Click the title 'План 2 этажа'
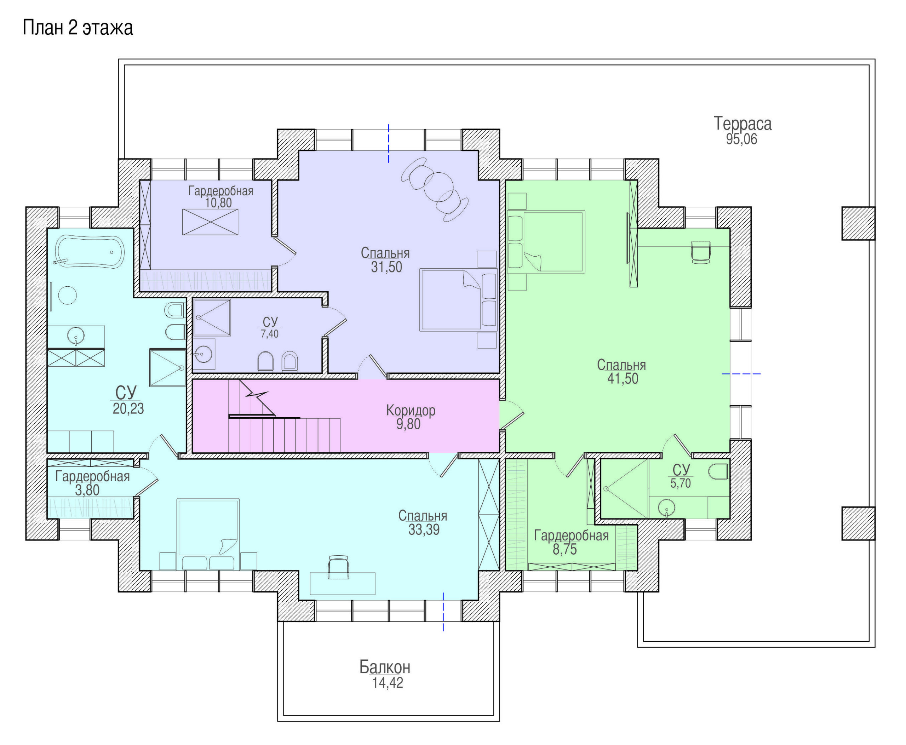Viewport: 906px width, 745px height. (78, 28)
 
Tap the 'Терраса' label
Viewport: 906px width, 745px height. (742, 124)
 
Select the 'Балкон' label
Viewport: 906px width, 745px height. (385, 667)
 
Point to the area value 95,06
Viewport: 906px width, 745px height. (742, 139)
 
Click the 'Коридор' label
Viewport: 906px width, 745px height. (411, 410)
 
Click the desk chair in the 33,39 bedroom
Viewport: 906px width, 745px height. (338, 567)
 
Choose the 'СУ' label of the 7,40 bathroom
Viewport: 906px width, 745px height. (270, 322)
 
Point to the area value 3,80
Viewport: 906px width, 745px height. (87, 490)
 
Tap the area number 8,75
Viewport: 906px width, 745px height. (564, 549)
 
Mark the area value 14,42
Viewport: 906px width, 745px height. (388, 683)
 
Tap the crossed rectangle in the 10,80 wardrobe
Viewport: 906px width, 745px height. (210, 222)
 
